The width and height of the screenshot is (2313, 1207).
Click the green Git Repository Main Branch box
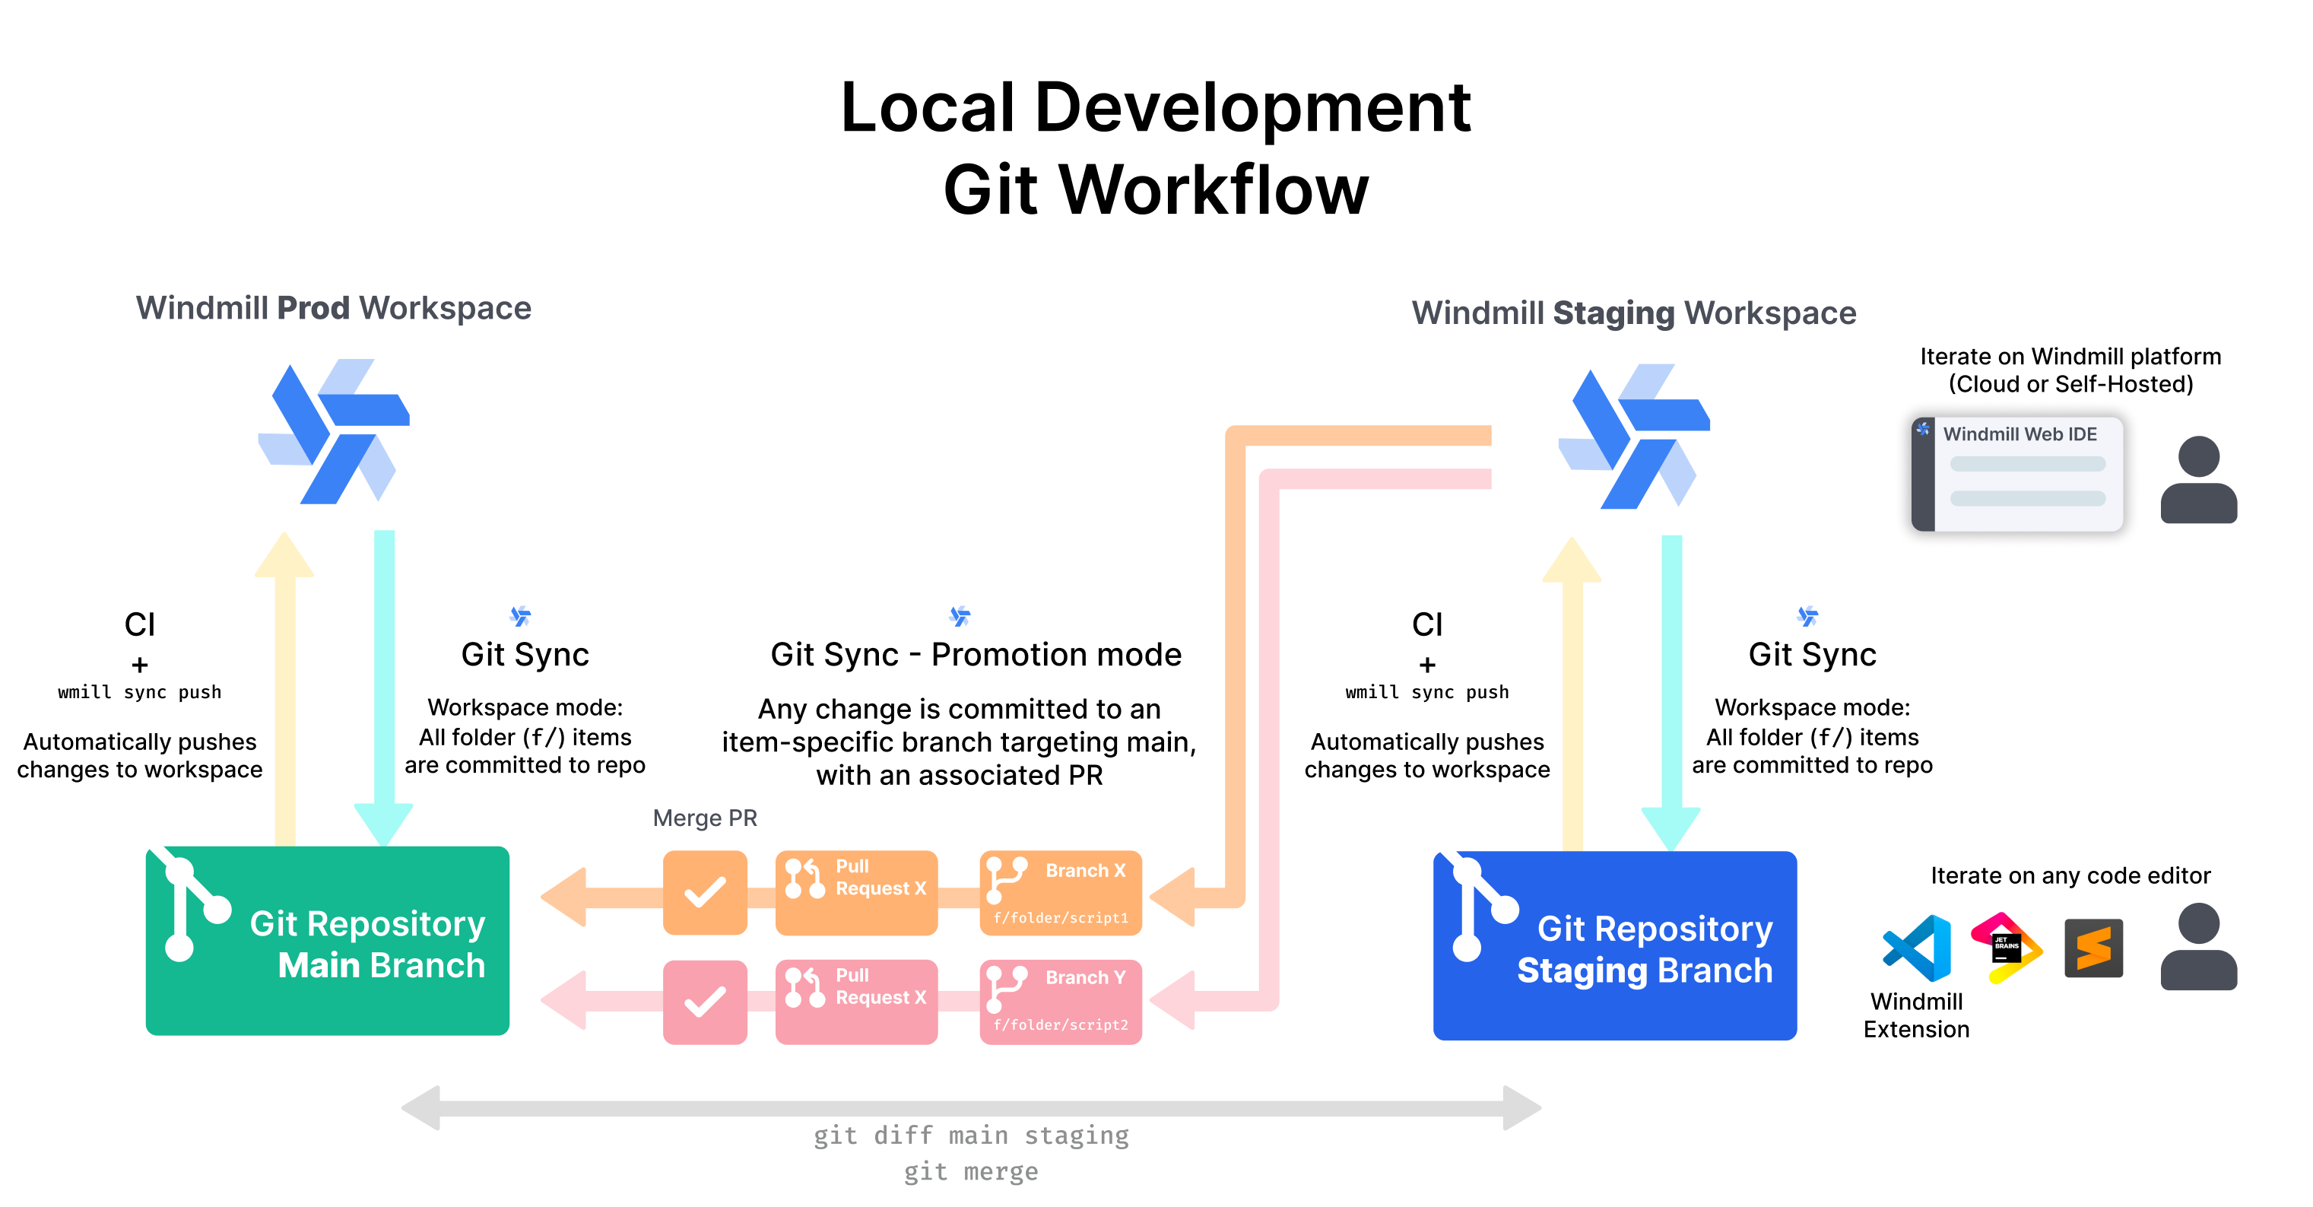coord(327,940)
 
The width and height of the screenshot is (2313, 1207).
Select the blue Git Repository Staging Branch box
coord(1613,945)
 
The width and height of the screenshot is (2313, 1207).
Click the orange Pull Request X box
coord(855,893)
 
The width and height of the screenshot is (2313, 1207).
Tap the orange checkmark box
coord(705,893)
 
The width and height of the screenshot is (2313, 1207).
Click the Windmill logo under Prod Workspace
coord(333,432)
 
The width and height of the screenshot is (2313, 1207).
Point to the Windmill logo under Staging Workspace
coord(1633,437)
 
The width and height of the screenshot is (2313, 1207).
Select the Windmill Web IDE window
coord(2016,473)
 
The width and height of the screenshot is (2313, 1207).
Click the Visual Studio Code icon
coord(1917,948)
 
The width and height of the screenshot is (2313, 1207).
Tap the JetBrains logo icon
coord(2006,948)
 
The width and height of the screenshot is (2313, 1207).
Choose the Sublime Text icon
coord(2093,948)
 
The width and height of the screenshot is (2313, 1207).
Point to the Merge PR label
coord(705,818)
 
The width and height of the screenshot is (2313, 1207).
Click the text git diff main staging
coord(971,1136)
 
